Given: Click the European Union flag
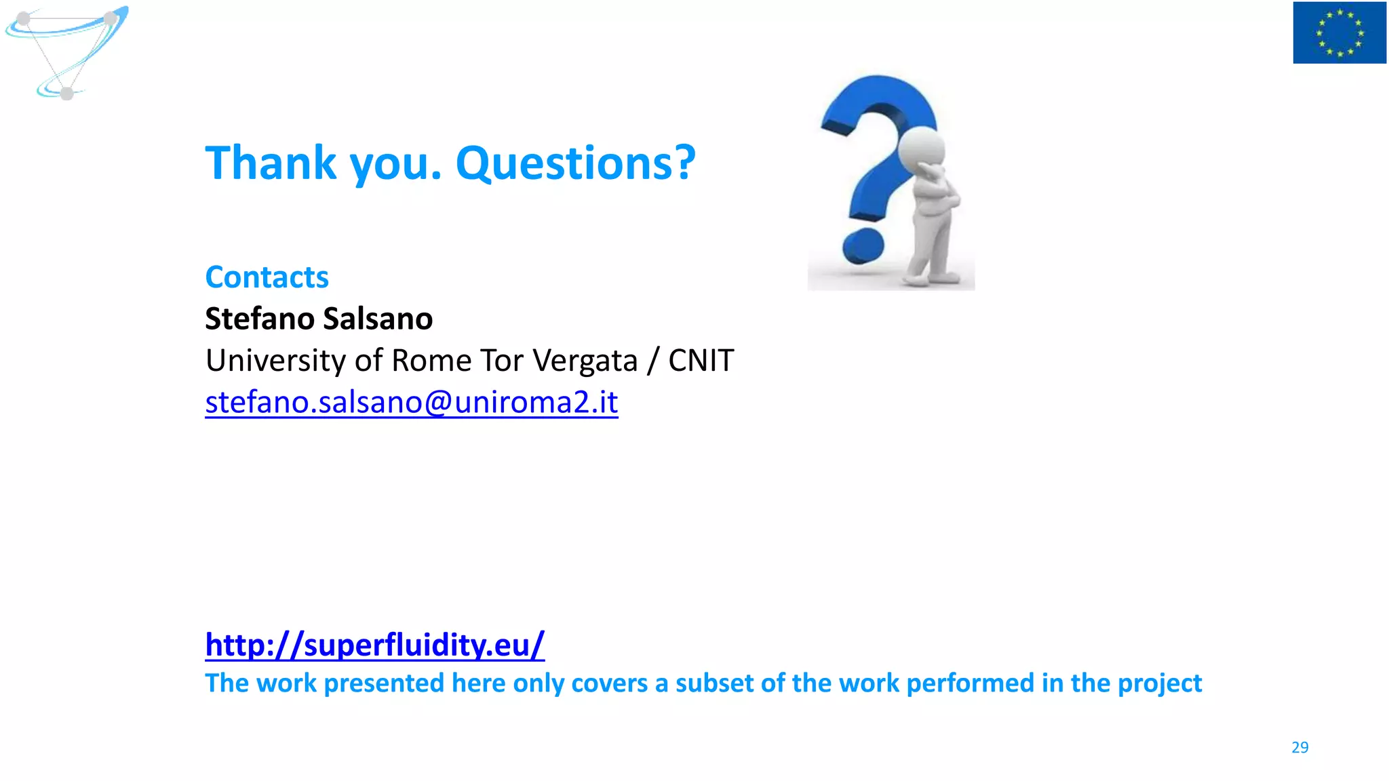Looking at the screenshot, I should click(1339, 33).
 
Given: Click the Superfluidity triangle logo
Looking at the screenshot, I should click(66, 51).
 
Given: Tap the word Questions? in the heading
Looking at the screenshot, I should click(575, 163).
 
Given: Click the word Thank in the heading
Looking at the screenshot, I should click(271, 163).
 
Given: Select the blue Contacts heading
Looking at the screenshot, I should click(267, 277).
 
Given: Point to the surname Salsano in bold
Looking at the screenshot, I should click(378, 319).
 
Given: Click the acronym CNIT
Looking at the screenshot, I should click(701, 360).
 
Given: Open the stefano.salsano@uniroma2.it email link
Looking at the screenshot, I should click(411, 402).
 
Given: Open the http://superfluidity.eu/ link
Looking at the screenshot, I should click(374, 645).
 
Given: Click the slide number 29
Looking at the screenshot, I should click(1299, 747).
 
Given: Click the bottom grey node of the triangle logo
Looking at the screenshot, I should click(66, 93).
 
